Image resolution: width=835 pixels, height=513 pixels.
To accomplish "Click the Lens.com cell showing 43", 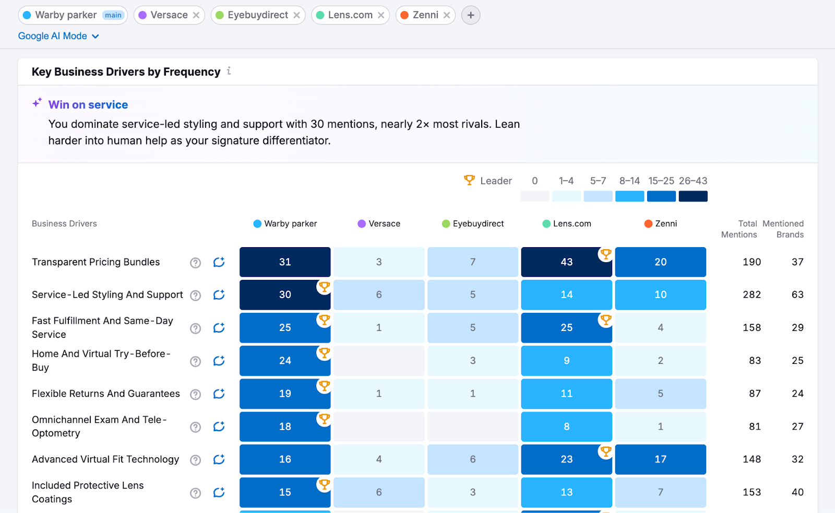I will pyautogui.click(x=566, y=262).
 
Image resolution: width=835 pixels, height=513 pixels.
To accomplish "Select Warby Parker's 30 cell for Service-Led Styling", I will pyautogui.click(x=285, y=295).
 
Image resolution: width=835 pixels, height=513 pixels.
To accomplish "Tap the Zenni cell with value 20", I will pyautogui.click(x=660, y=262).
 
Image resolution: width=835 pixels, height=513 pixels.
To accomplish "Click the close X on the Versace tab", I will pyautogui.click(x=196, y=15).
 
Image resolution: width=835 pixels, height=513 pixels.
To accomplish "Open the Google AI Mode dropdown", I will pyautogui.click(x=58, y=36).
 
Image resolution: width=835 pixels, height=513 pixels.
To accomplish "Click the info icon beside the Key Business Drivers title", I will pyautogui.click(x=229, y=71).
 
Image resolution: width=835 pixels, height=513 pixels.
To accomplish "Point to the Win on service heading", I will pyautogui.click(x=88, y=105).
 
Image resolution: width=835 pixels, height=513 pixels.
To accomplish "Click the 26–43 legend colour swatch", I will pyautogui.click(x=693, y=196).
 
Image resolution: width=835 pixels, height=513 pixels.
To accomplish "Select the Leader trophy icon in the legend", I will pyautogui.click(x=469, y=180).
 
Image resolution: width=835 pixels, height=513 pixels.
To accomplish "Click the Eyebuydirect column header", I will pyautogui.click(x=478, y=224).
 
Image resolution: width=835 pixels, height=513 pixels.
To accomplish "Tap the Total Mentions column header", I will pyautogui.click(x=739, y=229).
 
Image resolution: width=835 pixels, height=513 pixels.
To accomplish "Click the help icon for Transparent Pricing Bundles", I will pyautogui.click(x=195, y=263).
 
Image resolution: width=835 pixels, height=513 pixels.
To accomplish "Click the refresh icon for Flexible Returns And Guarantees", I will pyautogui.click(x=219, y=394).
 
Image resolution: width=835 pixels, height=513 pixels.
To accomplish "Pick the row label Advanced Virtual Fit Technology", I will pyautogui.click(x=105, y=459).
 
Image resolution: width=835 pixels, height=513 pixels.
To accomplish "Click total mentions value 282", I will pyautogui.click(x=751, y=295).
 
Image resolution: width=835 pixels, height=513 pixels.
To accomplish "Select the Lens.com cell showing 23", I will pyautogui.click(x=566, y=459).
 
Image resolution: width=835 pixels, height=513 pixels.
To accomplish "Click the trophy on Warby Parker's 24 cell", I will pyautogui.click(x=324, y=353).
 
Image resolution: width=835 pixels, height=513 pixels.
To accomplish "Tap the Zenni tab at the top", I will pyautogui.click(x=425, y=15).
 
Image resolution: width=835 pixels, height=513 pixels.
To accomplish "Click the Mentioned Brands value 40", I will pyautogui.click(x=797, y=492).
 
